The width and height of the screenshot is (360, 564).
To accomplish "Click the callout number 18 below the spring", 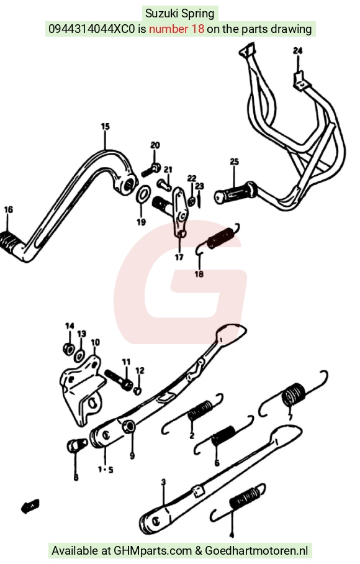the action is point(199,274).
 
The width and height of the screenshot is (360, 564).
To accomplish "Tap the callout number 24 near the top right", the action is point(297,51).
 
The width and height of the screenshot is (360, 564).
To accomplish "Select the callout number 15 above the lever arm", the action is point(105,127).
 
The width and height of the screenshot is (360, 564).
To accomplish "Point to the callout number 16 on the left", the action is point(8,209).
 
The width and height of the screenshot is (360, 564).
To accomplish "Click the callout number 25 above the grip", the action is point(234,162).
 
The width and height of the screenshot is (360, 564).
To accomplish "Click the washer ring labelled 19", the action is point(143,194).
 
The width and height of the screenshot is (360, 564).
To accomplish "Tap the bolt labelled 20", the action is point(151,170).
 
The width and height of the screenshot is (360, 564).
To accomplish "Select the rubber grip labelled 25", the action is point(235,194).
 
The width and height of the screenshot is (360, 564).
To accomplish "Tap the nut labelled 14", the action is point(68,348).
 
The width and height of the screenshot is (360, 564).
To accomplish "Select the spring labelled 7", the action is point(294,394).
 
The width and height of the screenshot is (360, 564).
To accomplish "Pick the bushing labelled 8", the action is point(77,445).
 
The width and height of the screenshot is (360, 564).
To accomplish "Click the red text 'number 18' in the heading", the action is point(176,29).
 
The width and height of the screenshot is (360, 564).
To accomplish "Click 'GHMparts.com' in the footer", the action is point(153,550).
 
